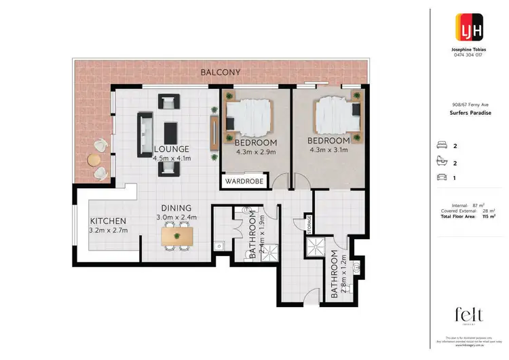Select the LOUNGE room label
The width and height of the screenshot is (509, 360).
(x=171, y=149)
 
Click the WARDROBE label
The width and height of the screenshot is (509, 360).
(x=245, y=182)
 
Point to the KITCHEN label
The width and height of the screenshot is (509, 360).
(x=109, y=221)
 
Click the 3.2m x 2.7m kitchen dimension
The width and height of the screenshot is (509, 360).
(x=109, y=231)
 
